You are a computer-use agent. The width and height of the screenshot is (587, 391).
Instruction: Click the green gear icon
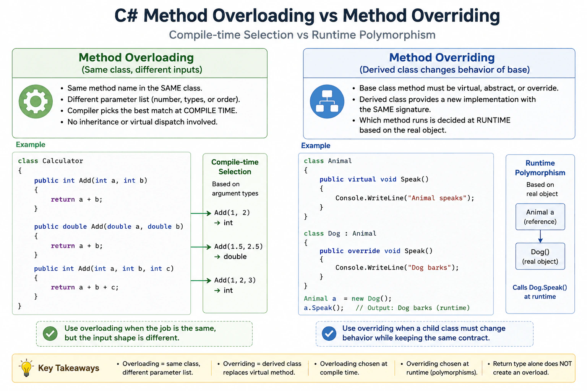pos(36,101)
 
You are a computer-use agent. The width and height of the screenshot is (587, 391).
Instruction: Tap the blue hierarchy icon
pos(327,101)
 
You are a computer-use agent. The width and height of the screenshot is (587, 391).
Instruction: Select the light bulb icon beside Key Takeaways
pos(26,368)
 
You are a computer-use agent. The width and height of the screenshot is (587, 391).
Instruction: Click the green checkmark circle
pos(50,333)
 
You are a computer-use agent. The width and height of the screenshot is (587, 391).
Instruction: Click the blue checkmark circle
pos(329,333)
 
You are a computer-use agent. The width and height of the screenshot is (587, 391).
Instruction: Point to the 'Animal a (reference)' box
pos(540,217)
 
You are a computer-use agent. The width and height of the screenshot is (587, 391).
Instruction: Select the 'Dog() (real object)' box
pos(540,256)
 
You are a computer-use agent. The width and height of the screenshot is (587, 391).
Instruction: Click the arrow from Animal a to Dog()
pos(540,236)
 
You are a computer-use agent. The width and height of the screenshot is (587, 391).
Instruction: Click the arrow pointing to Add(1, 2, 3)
pos(201,281)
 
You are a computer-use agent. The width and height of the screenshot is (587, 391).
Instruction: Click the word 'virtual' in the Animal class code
pos(362,179)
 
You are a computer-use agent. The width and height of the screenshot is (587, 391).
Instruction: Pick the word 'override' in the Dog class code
pos(364,251)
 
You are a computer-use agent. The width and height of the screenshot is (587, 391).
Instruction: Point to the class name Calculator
pos(63,161)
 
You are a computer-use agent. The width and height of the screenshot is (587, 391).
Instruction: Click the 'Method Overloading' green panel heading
pos(136,58)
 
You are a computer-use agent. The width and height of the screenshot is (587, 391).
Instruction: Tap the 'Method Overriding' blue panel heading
pos(442,58)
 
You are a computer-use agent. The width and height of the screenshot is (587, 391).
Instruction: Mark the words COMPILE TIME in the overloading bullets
pos(210,110)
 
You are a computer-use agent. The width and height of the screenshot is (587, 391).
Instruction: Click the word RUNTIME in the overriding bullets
pos(493,120)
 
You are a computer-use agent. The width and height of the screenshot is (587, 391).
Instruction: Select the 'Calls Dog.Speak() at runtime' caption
pos(540,292)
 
